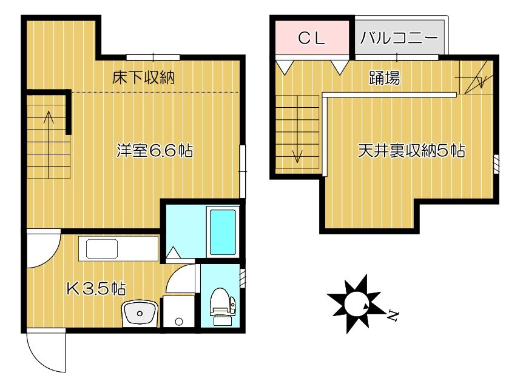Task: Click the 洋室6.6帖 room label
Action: point(155,151)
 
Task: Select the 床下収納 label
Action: point(144,78)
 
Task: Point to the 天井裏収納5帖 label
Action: point(411,151)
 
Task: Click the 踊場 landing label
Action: point(384,78)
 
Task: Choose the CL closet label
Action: point(312,38)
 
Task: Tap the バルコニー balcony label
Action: point(399,38)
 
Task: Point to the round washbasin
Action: point(141,314)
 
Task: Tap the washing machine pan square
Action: point(178,312)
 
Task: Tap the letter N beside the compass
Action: point(393,315)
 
